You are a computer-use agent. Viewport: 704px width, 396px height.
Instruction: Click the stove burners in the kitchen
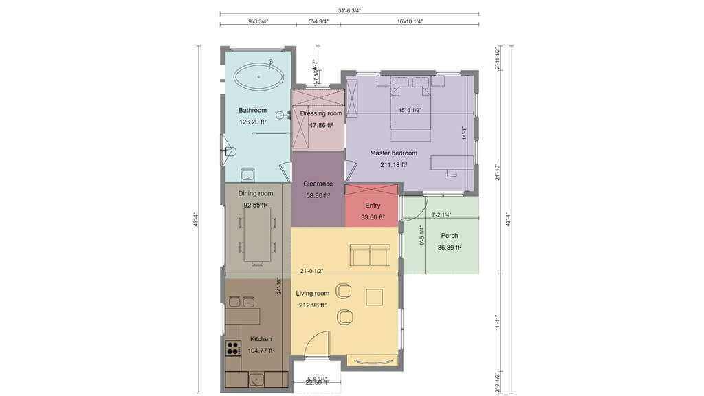[x=233, y=348]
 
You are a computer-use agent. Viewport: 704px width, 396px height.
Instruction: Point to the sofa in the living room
[x=370, y=255]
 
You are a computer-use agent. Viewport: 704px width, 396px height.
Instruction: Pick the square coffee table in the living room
[x=375, y=296]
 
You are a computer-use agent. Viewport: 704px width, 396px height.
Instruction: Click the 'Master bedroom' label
[x=393, y=153]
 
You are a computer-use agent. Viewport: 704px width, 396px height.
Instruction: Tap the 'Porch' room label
[x=449, y=236]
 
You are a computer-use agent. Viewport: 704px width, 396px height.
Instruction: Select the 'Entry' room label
[x=373, y=206]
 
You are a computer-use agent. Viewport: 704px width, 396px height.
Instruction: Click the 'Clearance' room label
[x=318, y=184]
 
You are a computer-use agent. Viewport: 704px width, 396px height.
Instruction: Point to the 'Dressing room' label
[x=320, y=113]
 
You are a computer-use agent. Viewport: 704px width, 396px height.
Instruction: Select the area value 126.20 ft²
[x=252, y=122]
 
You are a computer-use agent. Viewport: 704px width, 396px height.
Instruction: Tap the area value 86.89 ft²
[x=449, y=247]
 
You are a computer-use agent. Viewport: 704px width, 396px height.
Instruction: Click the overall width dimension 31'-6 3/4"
[x=349, y=10]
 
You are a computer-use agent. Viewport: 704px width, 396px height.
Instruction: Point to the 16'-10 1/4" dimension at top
[x=410, y=21]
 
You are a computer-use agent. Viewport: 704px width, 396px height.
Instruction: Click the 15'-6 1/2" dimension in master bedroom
[x=410, y=111]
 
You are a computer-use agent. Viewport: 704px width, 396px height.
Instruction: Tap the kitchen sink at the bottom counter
[x=256, y=378]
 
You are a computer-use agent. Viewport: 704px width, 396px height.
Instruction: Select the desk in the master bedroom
[x=452, y=163]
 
